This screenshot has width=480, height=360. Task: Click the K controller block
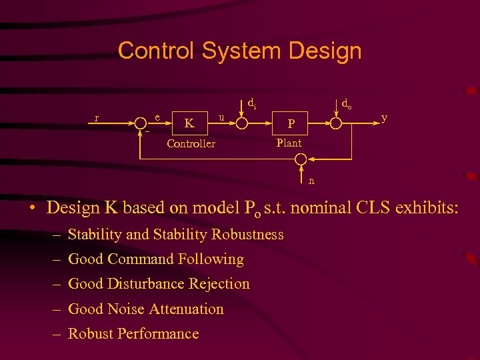190,123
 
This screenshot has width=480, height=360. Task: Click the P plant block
289,123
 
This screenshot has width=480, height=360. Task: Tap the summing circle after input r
141,123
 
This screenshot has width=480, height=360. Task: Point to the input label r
97,118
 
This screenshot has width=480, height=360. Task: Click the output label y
384,118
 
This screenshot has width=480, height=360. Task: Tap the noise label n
311,179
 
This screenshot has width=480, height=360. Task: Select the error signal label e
157,117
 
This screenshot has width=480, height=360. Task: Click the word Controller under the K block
191,143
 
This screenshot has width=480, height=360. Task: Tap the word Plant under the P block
289,143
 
